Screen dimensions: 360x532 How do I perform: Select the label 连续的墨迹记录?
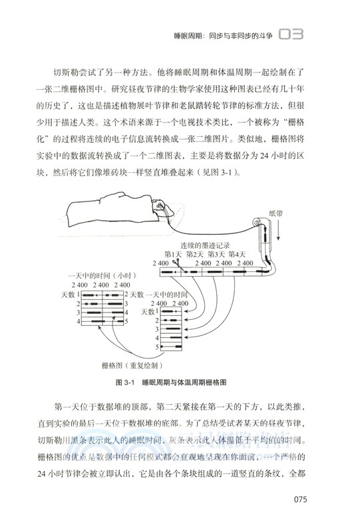[208, 245]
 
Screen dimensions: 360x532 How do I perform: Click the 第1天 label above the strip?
[172, 254]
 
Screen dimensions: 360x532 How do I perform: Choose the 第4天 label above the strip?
[238, 254]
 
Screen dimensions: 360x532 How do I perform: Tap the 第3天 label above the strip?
[216, 254]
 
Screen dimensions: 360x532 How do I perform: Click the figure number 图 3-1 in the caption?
[125, 384]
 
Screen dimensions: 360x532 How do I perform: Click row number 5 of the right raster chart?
[158, 346]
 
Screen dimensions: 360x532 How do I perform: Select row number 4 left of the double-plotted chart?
[79, 322]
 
